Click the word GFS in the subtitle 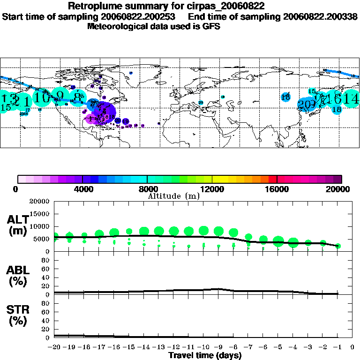pos(211,26)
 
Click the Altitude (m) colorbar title pos(173,196)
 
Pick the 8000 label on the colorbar pos(147,189)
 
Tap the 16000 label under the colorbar pos(277,189)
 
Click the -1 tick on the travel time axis pos(337,347)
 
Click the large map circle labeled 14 pos(351,99)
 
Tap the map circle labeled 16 pos(334,98)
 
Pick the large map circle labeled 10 pos(42,97)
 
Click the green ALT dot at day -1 pos(338,246)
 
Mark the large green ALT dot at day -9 pos(218,231)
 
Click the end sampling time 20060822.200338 pos(320,16)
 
